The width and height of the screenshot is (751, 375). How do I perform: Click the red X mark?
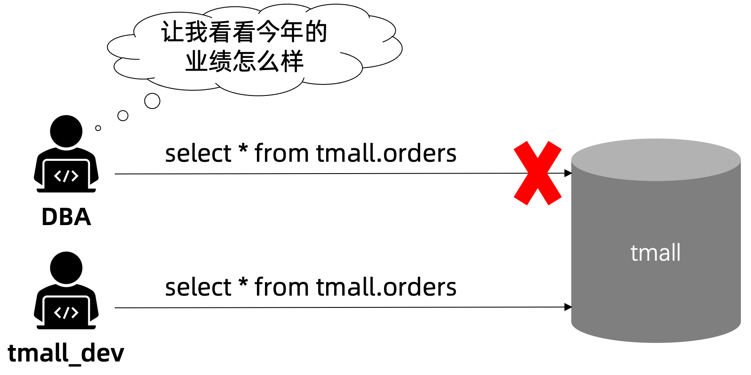(538, 173)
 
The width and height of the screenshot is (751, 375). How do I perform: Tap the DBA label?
(66, 217)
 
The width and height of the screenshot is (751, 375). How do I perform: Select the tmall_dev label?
(66, 353)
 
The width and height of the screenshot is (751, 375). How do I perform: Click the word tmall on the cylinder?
(655, 253)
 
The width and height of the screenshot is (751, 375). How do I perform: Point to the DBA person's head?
(66, 131)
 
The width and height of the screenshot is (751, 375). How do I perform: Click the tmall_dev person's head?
(66, 268)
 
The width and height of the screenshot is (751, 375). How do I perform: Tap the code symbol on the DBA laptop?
(66, 176)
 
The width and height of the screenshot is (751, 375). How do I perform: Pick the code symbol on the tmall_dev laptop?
(66, 313)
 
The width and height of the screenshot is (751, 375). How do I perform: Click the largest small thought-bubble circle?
(152, 101)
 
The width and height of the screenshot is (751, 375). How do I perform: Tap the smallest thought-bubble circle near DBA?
(98, 128)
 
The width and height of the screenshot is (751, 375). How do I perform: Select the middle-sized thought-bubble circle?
(123, 116)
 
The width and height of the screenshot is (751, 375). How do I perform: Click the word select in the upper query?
(198, 153)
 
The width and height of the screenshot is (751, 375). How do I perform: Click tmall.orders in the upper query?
(386, 153)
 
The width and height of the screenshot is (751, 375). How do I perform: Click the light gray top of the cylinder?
(656, 160)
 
